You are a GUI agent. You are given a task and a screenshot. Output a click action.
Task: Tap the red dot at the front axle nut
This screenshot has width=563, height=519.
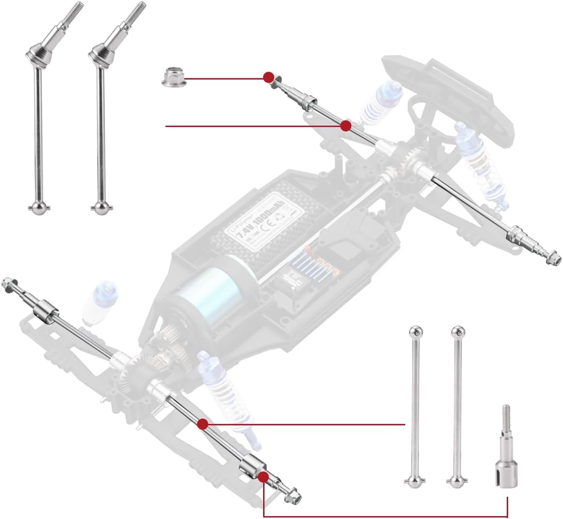coord(268,77)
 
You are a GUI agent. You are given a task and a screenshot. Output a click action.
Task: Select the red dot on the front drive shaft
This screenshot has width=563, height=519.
coord(346,126)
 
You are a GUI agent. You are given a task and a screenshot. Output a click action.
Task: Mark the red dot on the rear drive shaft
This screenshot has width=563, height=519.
coord(203,424)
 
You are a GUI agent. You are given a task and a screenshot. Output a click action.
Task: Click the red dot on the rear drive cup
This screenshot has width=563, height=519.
coord(264,477)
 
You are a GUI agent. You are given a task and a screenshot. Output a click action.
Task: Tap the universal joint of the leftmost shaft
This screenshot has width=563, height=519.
coord(35,53)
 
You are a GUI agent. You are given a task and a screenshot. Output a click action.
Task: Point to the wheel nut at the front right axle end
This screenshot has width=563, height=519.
coord(552,258)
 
